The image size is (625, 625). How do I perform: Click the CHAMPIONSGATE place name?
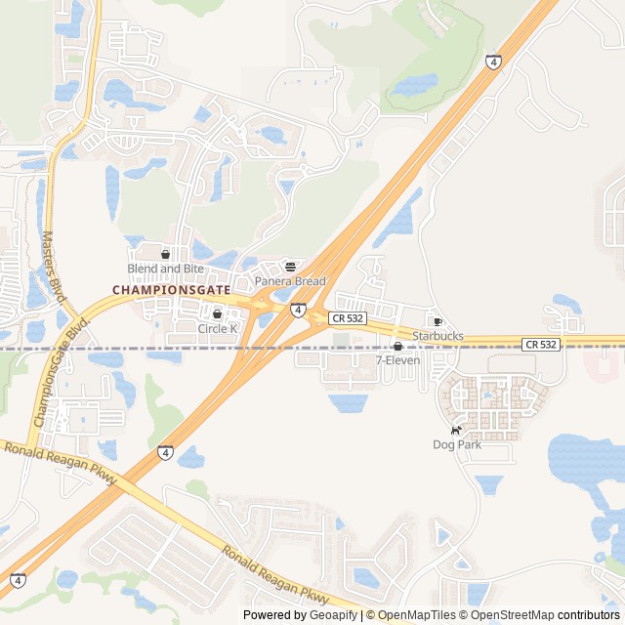[172, 290]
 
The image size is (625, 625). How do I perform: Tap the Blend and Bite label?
[165, 269]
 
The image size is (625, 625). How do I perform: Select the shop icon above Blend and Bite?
[165, 254]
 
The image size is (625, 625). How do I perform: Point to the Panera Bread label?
[290, 281]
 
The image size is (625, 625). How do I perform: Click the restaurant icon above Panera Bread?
[290, 267]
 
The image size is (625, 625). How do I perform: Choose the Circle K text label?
[218, 329]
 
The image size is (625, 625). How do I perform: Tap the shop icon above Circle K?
[217, 314]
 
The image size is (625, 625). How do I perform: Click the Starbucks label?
[437, 336]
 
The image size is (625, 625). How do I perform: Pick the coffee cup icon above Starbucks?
[437, 321]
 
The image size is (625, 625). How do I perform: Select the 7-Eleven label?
[397, 360]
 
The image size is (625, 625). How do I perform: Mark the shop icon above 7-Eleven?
[397, 346]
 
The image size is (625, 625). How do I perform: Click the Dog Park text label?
[457, 444]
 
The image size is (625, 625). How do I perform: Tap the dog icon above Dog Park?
[456, 430]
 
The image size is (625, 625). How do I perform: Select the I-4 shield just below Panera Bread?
[297, 310]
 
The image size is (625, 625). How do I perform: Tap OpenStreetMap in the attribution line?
[508, 615]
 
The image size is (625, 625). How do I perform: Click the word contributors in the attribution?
[589, 615]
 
